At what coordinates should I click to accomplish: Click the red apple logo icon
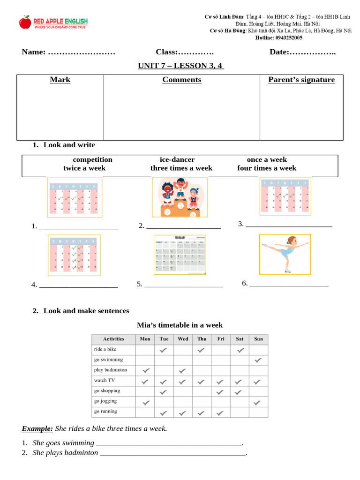[x=25, y=22]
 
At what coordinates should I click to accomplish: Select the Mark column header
[x=60, y=80]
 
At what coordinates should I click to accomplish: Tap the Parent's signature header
[x=301, y=80]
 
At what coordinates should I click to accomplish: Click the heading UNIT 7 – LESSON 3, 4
[x=180, y=66]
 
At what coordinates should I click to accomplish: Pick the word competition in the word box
[x=92, y=159]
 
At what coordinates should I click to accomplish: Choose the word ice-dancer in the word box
[x=177, y=159]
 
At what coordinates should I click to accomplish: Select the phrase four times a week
[x=267, y=168]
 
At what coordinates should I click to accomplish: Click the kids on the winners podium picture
[x=180, y=197]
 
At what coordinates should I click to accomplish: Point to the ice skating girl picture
[x=285, y=254]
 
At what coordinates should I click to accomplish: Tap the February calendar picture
[x=180, y=255]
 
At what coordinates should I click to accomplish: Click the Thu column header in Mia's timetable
[x=202, y=339]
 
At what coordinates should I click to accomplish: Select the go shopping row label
[x=107, y=390]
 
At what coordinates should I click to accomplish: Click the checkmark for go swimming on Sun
[x=258, y=360]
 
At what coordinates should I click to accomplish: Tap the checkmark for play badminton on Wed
[x=183, y=370]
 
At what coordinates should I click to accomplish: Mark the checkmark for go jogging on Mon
[x=145, y=402]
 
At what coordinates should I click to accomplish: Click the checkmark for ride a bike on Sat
[x=240, y=350]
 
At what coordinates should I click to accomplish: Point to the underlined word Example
[x=37, y=428]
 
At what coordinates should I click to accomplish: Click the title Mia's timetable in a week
[x=180, y=325]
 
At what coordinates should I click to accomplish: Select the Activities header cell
[x=113, y=339]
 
